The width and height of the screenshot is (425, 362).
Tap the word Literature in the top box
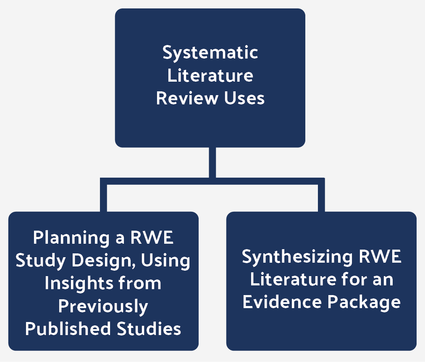point(210,76)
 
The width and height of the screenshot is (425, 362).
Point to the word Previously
point(103,306)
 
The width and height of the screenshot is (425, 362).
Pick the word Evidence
point(282,302)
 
